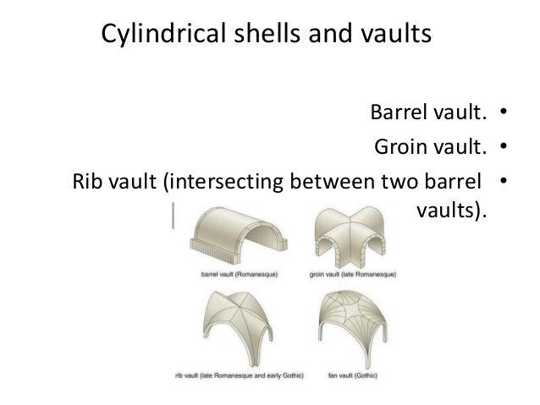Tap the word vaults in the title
click(x=391, y=36)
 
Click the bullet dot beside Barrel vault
click(x=502, y=112)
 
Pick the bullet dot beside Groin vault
click(x=502, y=149)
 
